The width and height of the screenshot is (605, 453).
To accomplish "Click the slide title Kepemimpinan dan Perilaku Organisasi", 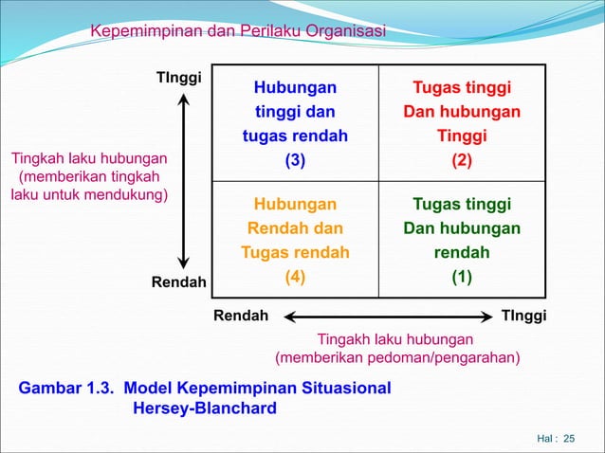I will click(x=237, y=33).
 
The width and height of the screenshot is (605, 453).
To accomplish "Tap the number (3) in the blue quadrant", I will click(x=295, y=160).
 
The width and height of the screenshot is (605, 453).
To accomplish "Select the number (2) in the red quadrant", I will click(x=462, y=160).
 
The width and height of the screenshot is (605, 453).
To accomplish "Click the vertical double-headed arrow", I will click(x=184, y=180).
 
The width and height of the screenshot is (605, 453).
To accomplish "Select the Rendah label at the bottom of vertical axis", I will click(x=178, y=282).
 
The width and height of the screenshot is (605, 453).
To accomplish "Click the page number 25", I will click(x=569, y=438).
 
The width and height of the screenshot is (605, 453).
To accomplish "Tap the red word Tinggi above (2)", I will click(x=462, y=136).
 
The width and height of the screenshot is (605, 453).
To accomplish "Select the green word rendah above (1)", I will click(x=462, y=253).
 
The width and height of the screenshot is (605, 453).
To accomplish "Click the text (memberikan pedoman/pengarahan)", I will click(x=396, y=357).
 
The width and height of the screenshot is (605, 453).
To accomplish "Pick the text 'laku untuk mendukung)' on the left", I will click(x=89, y=195).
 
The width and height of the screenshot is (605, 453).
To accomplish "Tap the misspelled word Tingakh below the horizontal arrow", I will click(x=342, y=338).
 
